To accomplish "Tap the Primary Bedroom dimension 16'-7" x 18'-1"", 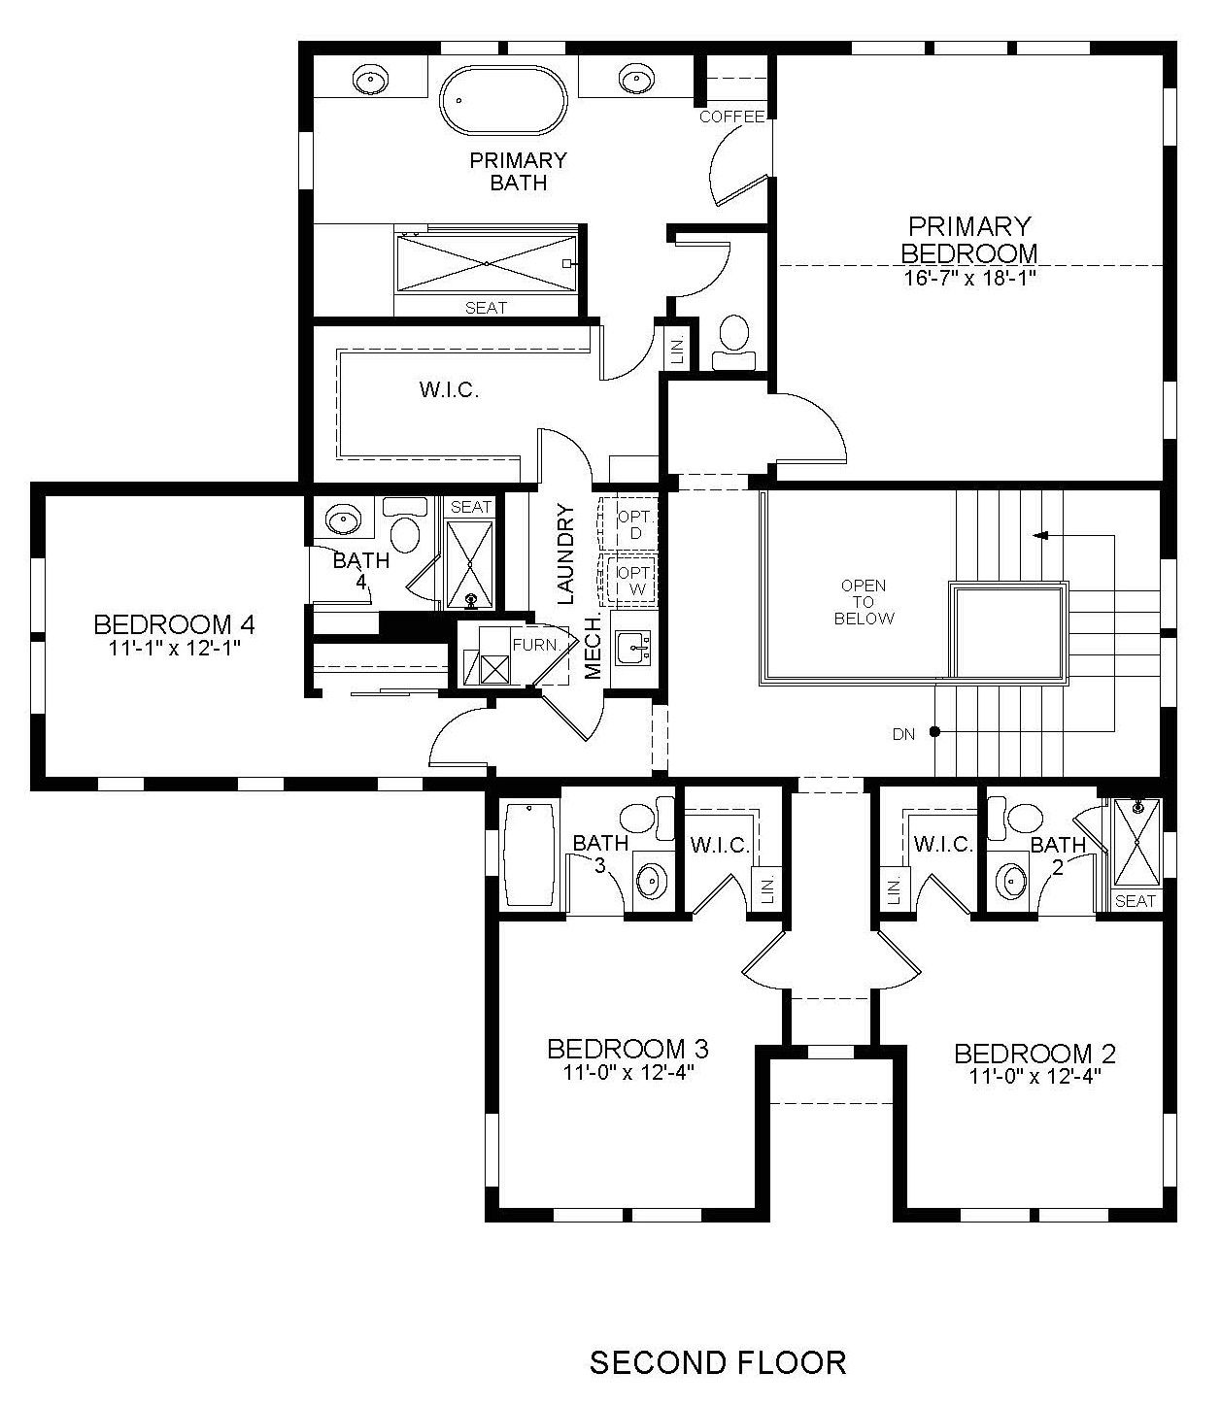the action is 969,278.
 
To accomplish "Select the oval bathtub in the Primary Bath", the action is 503,100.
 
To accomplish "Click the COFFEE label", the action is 731,117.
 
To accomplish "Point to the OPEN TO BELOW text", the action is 864,602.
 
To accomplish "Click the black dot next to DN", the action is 934,732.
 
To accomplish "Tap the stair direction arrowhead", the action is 1040,535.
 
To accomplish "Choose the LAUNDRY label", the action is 564,554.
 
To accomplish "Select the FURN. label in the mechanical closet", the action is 536,645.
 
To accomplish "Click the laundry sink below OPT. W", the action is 633,647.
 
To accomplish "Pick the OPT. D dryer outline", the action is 627,524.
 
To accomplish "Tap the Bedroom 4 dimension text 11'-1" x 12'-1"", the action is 174,648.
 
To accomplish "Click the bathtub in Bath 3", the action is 529,854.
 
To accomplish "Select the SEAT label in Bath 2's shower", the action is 1135,900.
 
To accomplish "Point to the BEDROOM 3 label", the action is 627,1049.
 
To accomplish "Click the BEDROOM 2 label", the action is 1034,1053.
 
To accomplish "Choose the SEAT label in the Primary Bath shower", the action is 486,308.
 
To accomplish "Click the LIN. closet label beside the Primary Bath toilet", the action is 678,351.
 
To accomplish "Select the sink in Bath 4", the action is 343,519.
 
